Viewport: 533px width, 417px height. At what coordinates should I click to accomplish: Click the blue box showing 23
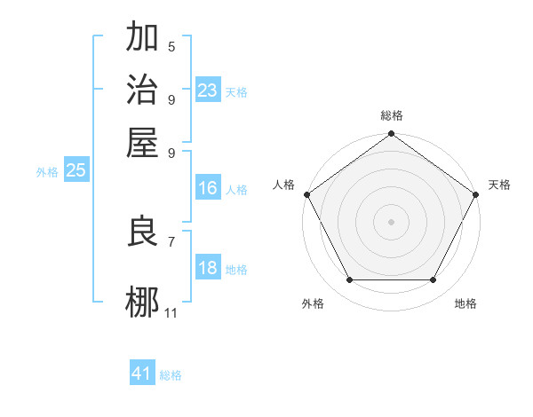(208, 90)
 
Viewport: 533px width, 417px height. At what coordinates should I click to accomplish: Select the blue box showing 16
(208, 188)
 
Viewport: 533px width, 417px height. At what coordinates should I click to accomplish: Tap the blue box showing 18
(208, 269)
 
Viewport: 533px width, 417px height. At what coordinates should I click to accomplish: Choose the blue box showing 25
(76, 171)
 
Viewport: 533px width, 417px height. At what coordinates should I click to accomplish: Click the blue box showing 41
(142, 374)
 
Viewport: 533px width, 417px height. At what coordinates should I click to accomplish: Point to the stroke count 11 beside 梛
(171, 312)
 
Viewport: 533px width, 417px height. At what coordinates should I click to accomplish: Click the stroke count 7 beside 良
(171, 240)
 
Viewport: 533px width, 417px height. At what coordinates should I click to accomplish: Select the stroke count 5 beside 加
(171, 46)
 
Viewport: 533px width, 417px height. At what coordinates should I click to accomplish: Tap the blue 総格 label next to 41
(171, 375)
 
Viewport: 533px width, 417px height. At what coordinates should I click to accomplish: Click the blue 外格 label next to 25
(47, 172)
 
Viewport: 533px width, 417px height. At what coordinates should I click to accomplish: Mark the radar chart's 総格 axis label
(391, 115)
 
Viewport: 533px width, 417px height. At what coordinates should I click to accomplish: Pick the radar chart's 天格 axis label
(499, 185)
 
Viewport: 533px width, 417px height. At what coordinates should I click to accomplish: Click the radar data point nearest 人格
(306, 193)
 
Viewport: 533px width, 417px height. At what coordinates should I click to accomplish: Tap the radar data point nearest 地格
(434, 280)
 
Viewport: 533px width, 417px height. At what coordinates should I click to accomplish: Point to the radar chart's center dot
(391, 221)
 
